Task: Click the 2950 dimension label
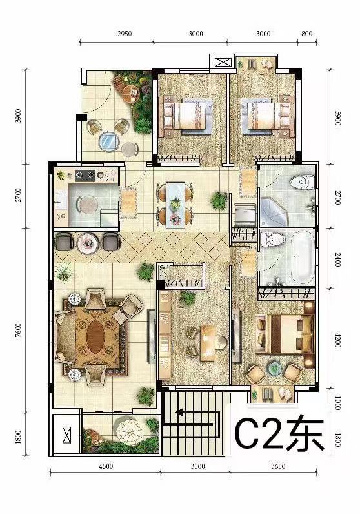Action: coord(125,34)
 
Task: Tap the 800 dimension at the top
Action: coord(306,34)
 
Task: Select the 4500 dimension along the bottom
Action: coord(105,466)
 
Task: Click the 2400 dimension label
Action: coord(338,259)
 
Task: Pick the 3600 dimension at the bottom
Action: coord(278,466)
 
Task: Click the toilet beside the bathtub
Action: coord(273,240)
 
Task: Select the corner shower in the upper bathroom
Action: coord(274,212)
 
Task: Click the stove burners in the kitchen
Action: coord(85,176)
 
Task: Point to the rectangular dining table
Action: coord(175,205)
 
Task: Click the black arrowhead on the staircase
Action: coord(179,413)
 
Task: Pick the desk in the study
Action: coord(209,342)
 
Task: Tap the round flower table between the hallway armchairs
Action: coord(88,242)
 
